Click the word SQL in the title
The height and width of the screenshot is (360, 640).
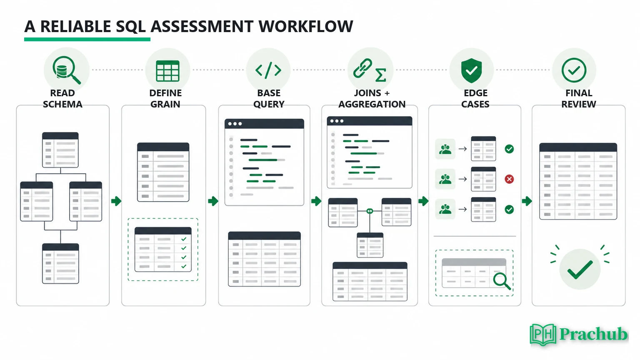(131, 27)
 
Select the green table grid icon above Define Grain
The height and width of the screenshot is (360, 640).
(168, 71)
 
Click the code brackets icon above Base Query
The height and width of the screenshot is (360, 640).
(268, 70)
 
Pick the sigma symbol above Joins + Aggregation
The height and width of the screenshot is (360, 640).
(380, 75)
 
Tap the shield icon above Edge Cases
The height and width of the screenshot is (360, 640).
(471, 70)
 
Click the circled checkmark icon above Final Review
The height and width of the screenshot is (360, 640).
(574, 70)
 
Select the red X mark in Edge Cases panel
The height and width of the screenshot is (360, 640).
(509, 179)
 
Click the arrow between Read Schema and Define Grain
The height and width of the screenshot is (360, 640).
(116, 201)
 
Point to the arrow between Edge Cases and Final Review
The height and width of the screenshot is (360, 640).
(527, 201)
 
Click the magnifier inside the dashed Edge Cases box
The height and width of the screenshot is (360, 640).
(502, 281)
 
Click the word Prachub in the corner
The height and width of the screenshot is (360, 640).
(593, 334)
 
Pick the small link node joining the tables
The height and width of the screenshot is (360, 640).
(370, 211)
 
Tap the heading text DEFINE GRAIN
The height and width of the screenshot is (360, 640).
(165, 99)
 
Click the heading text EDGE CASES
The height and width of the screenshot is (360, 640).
(475, 99)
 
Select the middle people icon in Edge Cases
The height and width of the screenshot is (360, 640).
(445, 179)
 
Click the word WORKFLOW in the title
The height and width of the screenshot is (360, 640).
(306, 27)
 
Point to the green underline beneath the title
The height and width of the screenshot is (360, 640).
(87, 40)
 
